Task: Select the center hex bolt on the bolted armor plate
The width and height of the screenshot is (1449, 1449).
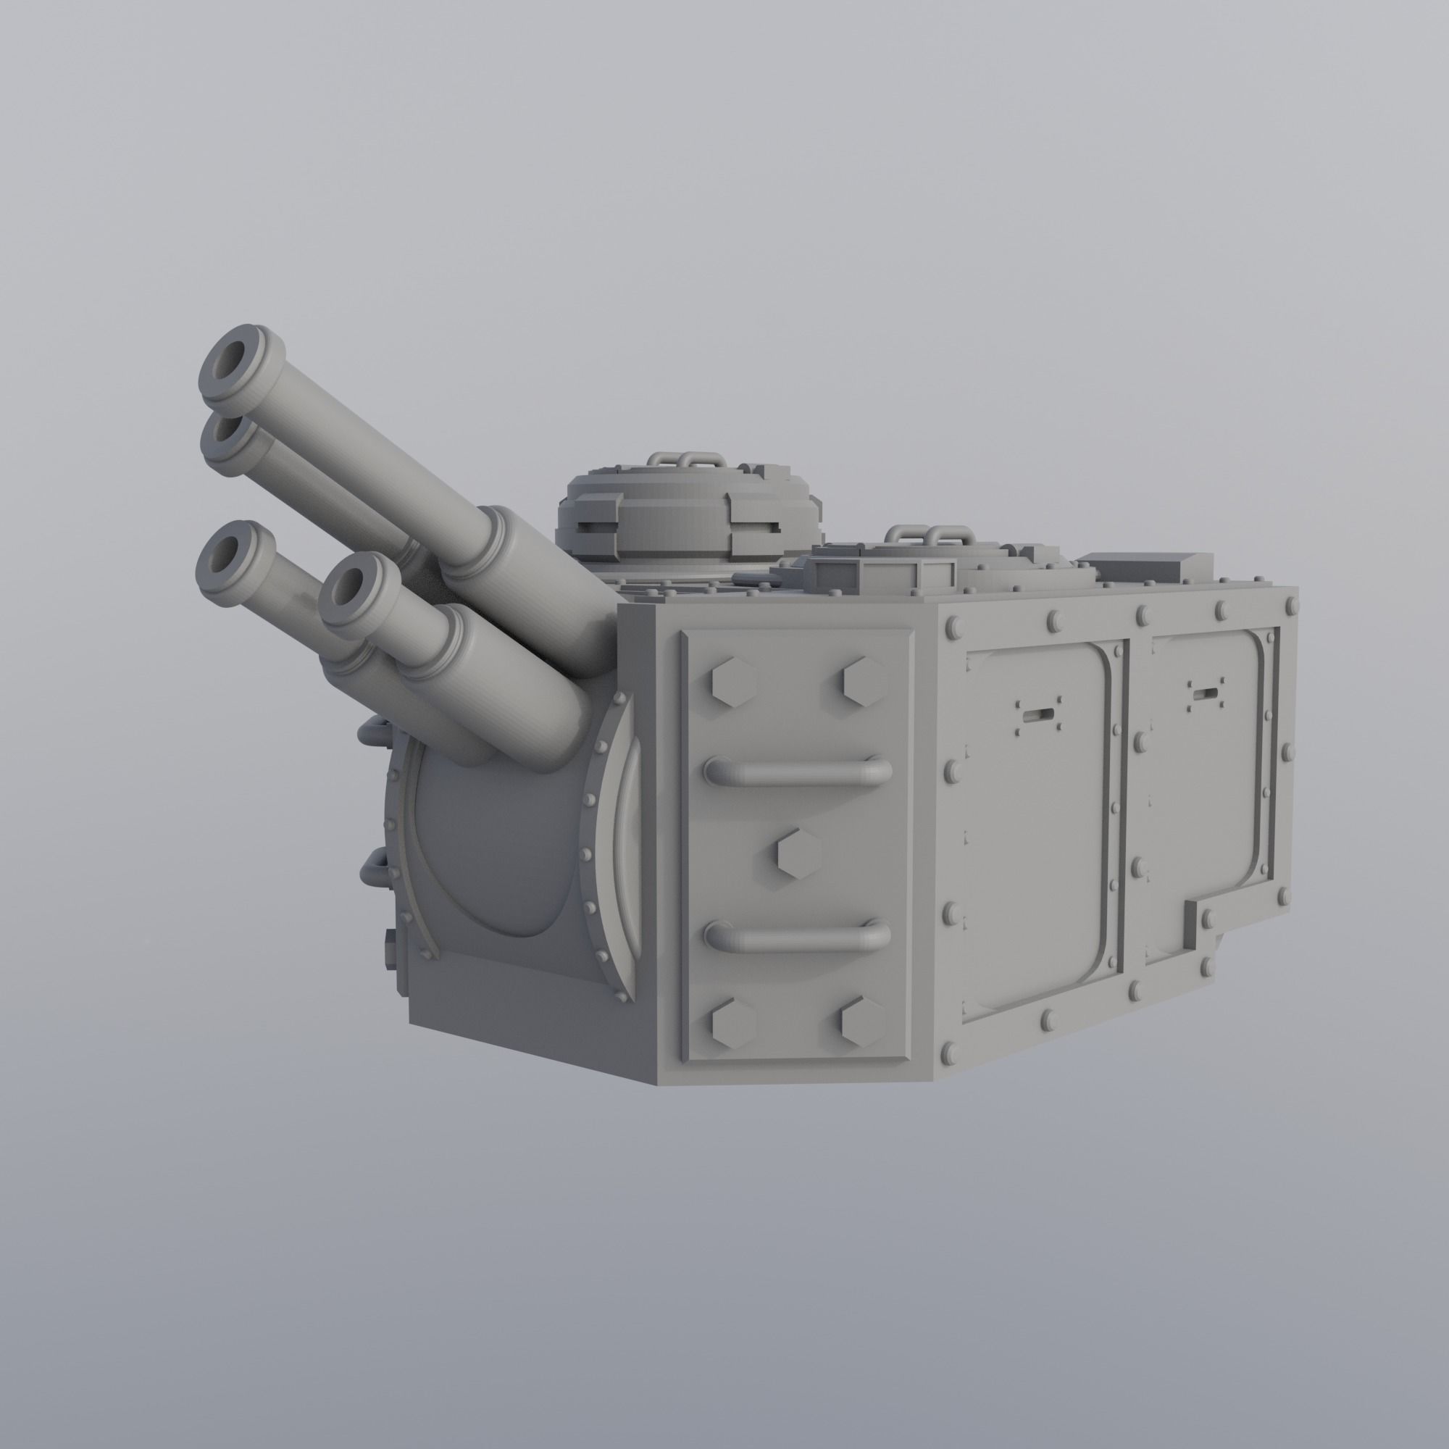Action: [798, 853]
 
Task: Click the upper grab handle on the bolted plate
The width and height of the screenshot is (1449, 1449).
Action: [798, 770]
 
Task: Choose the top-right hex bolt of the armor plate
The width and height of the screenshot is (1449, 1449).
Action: [864, 681]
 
